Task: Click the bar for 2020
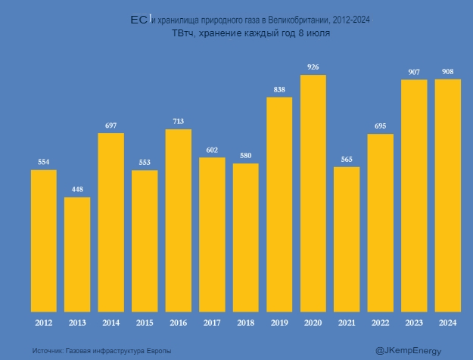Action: (313, 193)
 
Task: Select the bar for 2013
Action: (77, 254)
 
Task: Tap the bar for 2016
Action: (179, 220)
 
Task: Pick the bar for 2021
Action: (347, 239)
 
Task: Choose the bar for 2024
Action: (448, 195)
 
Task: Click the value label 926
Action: (313, 67)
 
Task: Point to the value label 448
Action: (77, 190)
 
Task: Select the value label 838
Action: (279, 90)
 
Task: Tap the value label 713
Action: (179, 122)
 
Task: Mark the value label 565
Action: (347, 160)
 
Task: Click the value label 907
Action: (414, 73)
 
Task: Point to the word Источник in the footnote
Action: (48, 350)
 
